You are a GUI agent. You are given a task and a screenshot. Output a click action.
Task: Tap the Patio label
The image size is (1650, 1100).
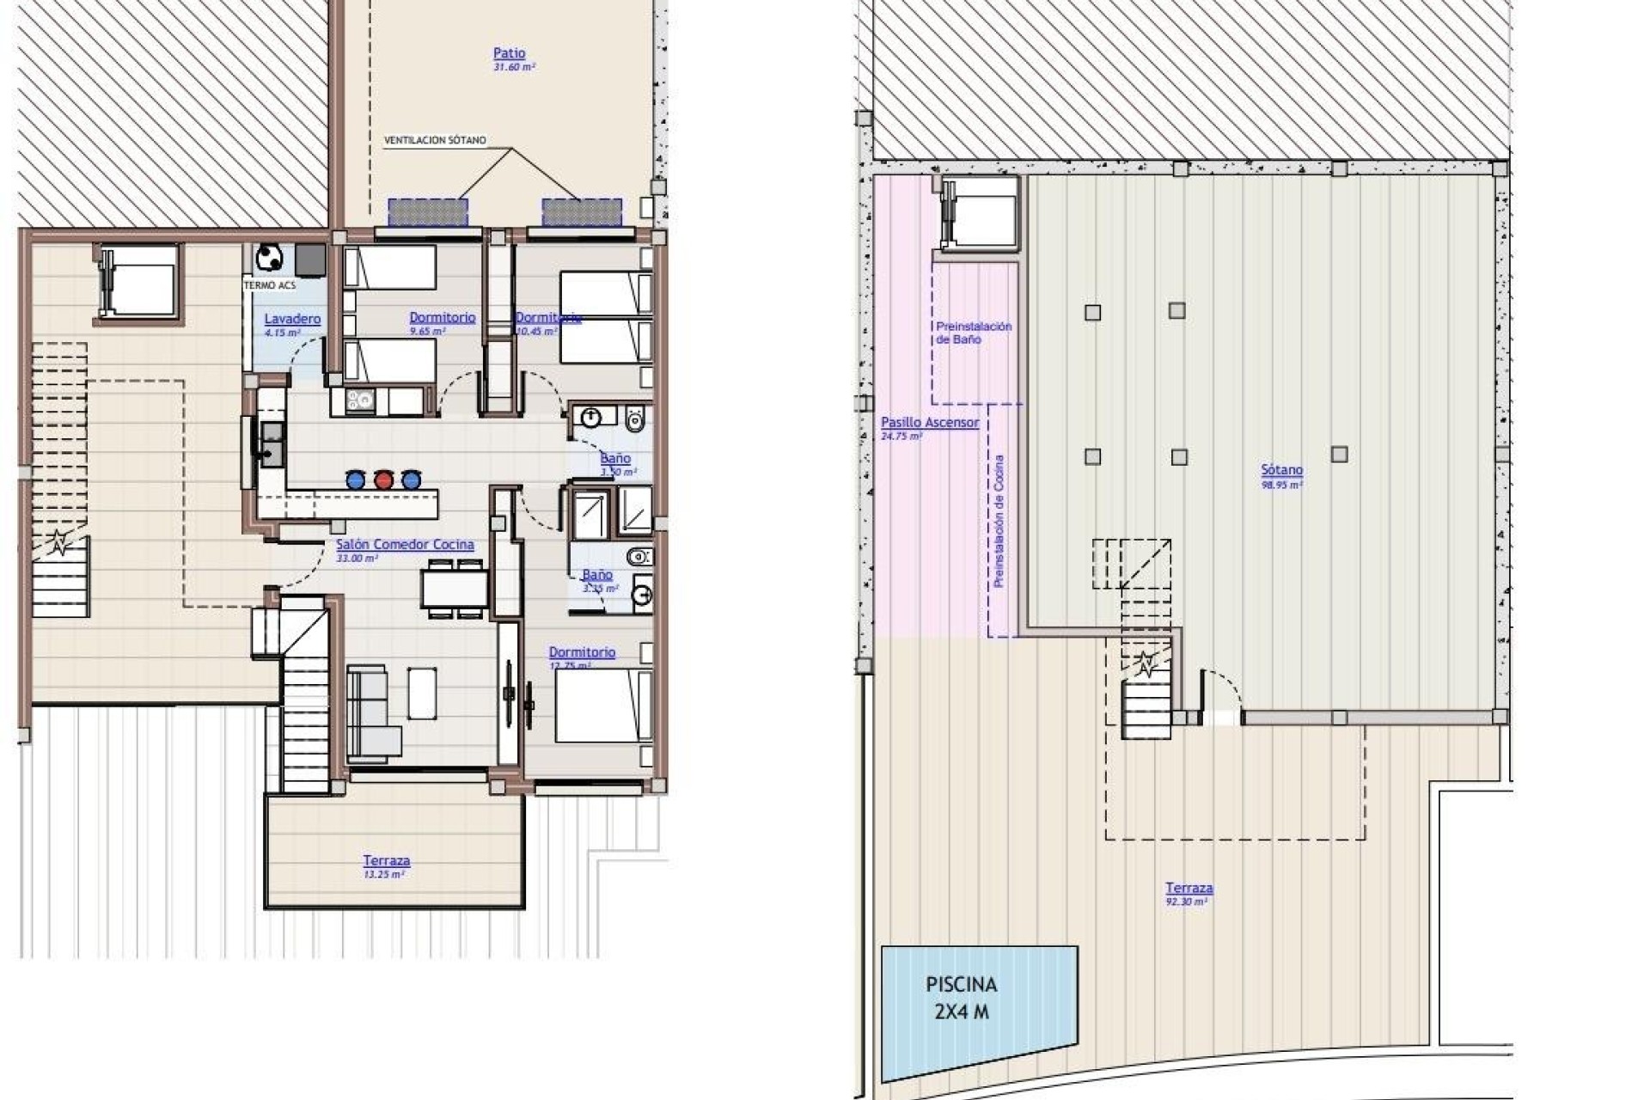(510, 53)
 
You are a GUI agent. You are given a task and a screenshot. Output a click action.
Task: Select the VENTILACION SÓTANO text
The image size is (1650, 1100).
(435, 140)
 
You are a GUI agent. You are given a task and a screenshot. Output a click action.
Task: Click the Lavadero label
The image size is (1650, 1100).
(292, 319)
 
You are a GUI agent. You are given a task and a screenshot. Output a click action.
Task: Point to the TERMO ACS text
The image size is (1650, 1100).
(270, 285)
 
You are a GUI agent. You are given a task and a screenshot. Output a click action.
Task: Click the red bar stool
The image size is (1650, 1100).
(383, 480)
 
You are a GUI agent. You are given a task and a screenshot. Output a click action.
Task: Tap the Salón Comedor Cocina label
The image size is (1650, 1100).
(405, 545)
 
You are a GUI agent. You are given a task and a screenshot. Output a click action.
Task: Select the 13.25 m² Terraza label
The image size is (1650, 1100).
(386, 861)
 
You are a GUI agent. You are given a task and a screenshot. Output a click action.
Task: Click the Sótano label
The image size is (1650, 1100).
(1281, 471)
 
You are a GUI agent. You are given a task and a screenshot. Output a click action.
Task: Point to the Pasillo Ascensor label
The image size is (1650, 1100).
(930, 423)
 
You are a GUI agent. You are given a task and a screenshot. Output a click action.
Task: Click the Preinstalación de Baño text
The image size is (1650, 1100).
(974, 333)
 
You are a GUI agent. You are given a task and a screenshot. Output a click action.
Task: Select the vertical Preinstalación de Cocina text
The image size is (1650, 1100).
(999, 521)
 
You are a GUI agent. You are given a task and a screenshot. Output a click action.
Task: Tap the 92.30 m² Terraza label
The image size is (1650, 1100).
(1189, 889)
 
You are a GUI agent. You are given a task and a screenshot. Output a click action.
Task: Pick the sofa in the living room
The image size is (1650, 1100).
(371, 713)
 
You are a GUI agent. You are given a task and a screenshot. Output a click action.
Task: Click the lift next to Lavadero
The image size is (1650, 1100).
(138, 281)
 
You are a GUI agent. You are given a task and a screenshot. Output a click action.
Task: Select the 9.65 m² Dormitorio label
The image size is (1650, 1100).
(442, 318)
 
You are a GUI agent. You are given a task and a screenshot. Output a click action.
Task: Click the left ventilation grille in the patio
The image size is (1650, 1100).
(428, 212)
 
